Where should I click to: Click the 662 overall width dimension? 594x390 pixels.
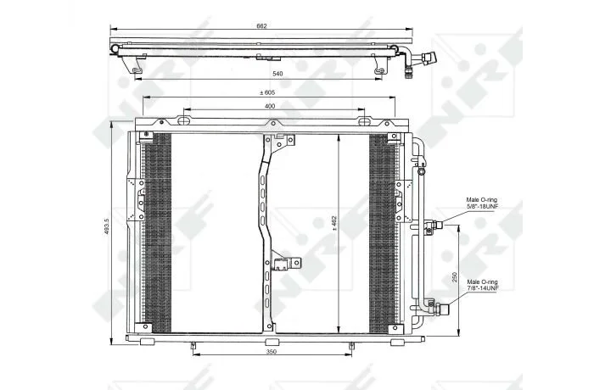click(261, 26)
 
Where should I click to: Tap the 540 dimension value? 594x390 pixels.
click(277, 74)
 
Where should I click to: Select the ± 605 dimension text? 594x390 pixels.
click(267, 92)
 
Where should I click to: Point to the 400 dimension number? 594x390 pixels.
click(270, 106)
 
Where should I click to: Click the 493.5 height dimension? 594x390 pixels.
click(107, 226)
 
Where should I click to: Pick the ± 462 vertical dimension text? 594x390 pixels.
click(334, 223)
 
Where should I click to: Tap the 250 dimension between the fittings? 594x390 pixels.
click(455, 277)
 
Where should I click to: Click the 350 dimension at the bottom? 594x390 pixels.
click(272, 351)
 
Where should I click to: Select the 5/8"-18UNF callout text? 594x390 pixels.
click(482, 206)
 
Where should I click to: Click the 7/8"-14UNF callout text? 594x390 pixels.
click(483, 288)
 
